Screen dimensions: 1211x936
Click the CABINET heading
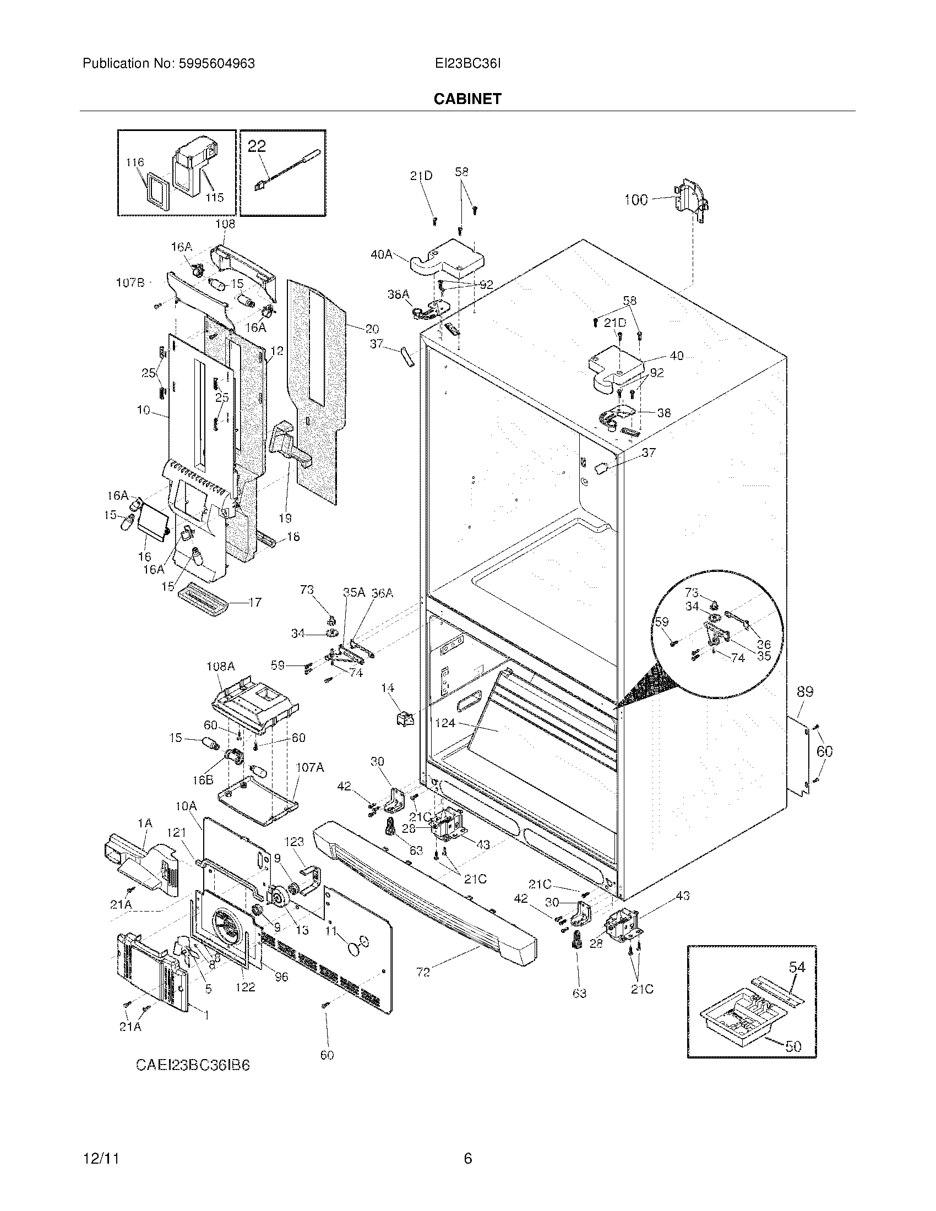pos(467,99)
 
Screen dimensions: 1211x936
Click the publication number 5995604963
pos(216,64)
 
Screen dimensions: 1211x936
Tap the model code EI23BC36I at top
pos(468,64)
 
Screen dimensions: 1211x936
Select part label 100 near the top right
pos(635,200)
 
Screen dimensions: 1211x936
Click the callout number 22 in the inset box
pos(257,146)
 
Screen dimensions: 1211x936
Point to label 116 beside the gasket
pos(135,162)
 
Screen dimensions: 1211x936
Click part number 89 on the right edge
pos(805,691)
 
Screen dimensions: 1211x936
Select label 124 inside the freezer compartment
pos(445,723)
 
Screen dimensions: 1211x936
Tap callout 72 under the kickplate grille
pos(423,972)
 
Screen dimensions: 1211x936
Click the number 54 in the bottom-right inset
pos(797,967)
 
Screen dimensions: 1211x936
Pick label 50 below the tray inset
pos(793,1046)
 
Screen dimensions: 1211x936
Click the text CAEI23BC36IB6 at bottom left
pos(193,1065)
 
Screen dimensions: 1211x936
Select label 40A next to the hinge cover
pos(382,254)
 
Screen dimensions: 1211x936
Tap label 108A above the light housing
pos(221,667)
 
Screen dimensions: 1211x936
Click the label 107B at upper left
pos(130,283)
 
